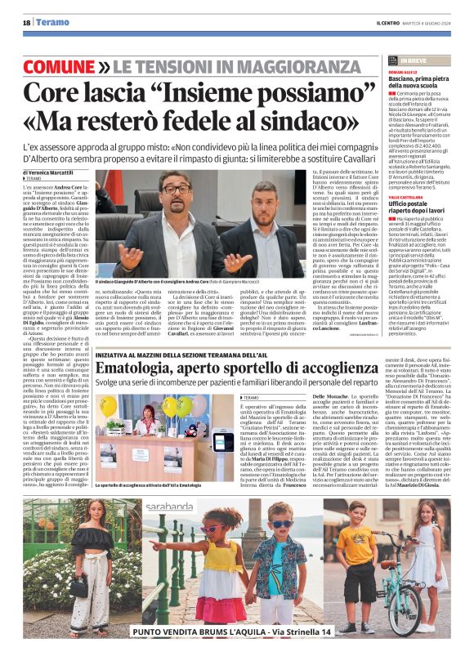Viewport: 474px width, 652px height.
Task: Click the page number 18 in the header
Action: click(x=26, y=23)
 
